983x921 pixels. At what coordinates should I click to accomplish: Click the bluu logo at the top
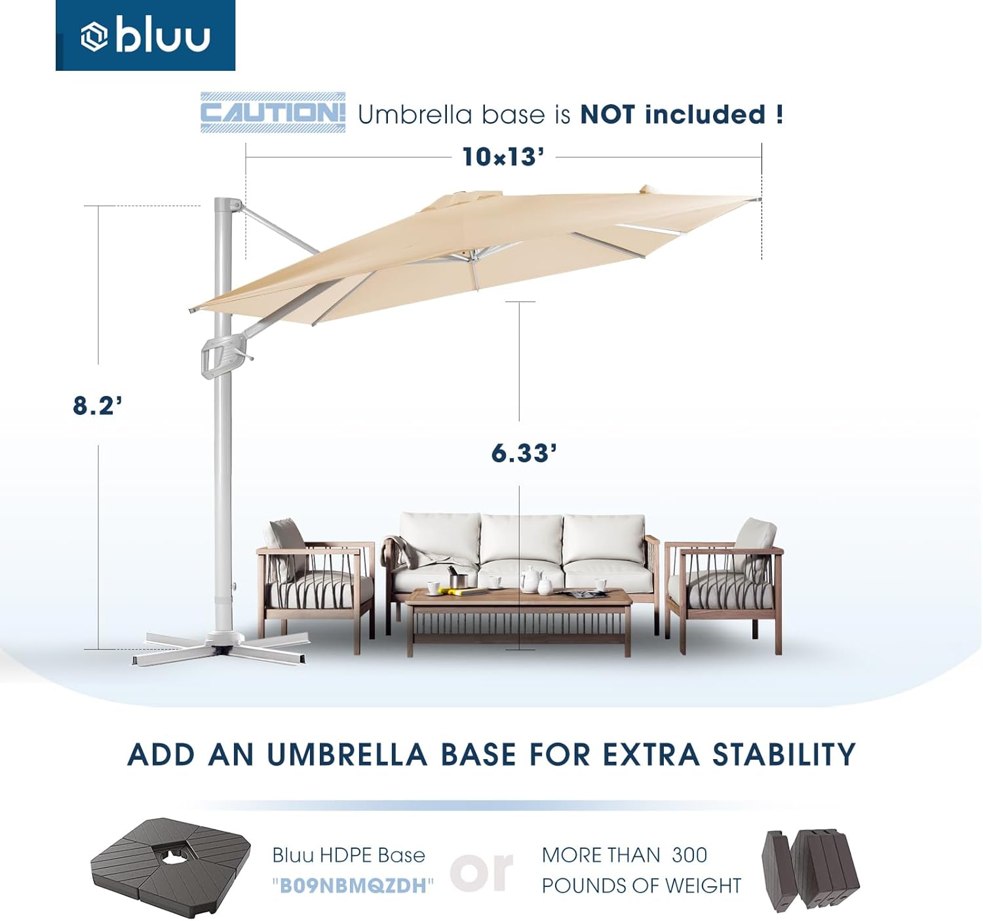point(145,36)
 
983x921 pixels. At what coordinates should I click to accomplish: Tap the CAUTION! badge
point(273,113)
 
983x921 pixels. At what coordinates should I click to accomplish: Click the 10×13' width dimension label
point(503,157)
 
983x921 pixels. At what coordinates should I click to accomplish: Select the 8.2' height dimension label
point(98,406)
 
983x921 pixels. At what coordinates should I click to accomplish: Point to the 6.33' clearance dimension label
point(524,453)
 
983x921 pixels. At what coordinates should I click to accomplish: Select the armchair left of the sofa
point(315,583)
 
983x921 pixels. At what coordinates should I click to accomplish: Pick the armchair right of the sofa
point(724,583)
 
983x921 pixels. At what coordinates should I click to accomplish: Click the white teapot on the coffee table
point(529,579)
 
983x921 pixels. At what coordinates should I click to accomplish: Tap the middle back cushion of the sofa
point(521,539)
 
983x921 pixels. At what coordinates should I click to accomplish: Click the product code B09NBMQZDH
point(353,886)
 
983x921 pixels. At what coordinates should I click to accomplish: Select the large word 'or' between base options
point(482,871)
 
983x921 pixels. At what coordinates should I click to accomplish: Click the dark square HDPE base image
point(170,864)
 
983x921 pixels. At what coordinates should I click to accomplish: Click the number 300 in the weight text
point(689,855)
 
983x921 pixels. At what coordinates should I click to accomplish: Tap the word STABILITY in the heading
point(784,754)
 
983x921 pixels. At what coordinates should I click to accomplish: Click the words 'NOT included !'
point(682,115)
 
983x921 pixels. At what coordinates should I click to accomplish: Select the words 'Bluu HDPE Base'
point(349,855)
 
